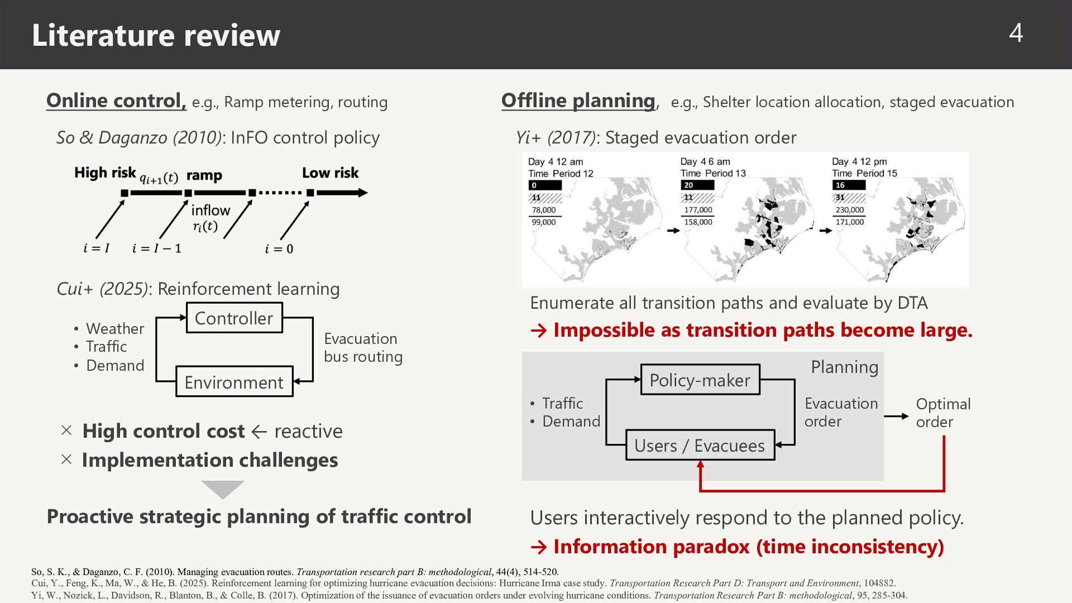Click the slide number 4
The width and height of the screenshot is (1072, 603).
pyautogui.click(x=1016, y=33)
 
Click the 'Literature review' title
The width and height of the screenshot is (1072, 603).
pyautogui.click(x=156, y=35)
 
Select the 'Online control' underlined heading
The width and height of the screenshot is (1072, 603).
pyautogui.click(x=116, y=100)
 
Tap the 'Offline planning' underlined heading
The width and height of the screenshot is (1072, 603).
pyautogui.click(x=578, y=100)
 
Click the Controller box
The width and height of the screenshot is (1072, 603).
pyautogui.click(x=234, y=318)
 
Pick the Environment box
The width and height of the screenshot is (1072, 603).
pyautogui.click(x=234, y=382)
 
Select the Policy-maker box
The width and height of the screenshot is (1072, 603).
pyautogui.click(x=700, y=380)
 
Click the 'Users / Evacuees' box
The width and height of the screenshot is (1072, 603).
pyautogui.click(x=700, y=445)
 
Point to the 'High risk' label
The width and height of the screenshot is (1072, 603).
pyautogui.click(x=105, y=173)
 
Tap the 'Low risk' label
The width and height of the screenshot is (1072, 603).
pyautogui.click(x=331, y=173)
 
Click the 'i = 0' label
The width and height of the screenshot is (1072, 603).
pyautogui.click(x=279, y=248)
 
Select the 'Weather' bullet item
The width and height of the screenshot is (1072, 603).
pyautogui.click(x=115, y=328)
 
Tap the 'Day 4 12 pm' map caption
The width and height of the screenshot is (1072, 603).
pyautogui.click(x=859, y=162)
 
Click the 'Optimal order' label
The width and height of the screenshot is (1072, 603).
pyautogui.click(x=943, y=413)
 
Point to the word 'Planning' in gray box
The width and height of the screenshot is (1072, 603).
pyautogui.click(x=844, y=367)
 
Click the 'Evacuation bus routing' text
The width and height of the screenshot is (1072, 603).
pyautogui.click(x=363, y=347)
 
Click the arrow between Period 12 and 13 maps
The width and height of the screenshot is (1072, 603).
pyautogui.click(x=673, y=231)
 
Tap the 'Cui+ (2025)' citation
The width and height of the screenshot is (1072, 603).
pyautogui.click(x=103, y=289)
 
